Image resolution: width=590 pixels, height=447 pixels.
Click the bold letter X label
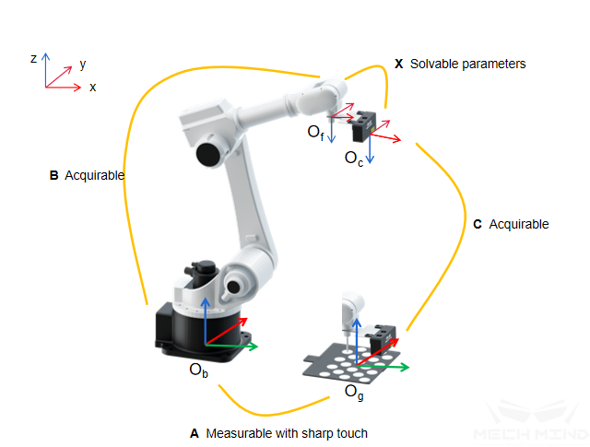point(398,65)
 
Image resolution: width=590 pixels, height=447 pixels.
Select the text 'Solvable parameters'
point(467,65)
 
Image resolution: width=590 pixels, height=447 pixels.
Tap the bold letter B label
point(53,175)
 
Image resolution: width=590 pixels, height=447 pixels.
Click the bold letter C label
point(476,224)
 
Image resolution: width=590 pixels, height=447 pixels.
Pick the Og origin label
point(353,391)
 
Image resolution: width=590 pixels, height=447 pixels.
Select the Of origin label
point(315,133)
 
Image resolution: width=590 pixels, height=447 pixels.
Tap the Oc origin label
point(354,159)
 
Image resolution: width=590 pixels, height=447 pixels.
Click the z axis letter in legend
point(33,58)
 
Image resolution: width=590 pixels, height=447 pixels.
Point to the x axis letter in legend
point(92,87)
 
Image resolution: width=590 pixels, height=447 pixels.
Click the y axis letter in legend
point(83,65)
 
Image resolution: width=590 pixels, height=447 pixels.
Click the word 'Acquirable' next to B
point(95,175)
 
